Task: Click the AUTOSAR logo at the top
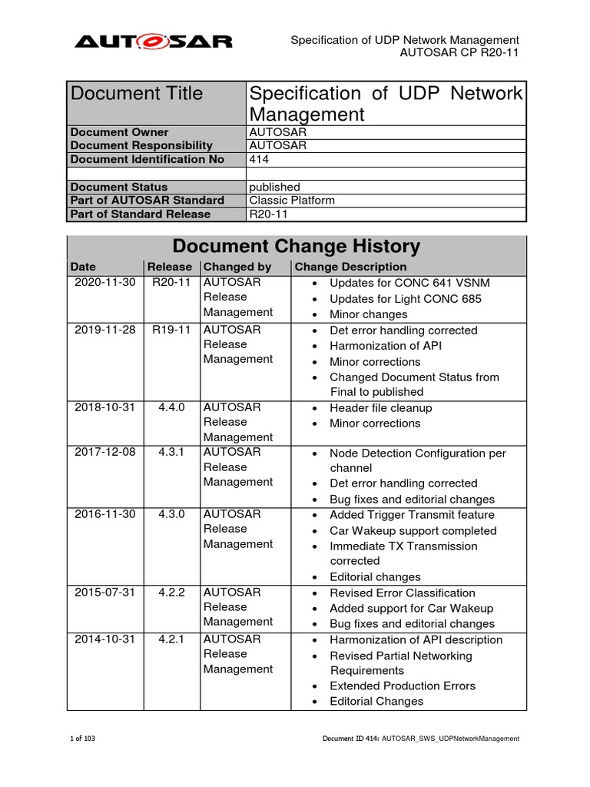(153, 41)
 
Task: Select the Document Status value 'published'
(274, 187)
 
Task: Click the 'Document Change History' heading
(297, 247)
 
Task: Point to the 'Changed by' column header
(237, 267)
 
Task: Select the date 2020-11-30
(104, 282)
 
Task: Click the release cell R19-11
(170, 330)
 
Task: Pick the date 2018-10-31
(104, 407)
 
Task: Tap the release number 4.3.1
(171, 453)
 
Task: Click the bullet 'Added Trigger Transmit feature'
(412, 515)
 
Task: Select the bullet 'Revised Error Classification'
(402, 593)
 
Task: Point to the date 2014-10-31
(104, 639)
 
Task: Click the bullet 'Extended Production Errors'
(402, 686)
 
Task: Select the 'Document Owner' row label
(119, 132)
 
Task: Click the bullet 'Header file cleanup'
(380, 408)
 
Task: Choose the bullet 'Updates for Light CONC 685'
(405, 298)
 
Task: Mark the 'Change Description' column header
(350, 267)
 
